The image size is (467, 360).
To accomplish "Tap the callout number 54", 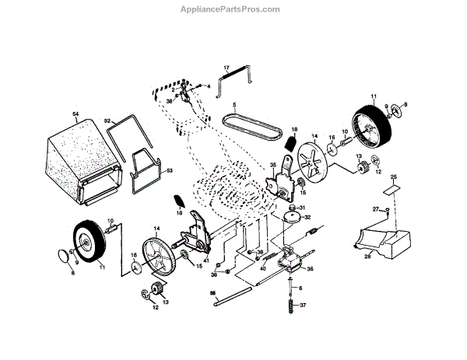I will click(x=76, y=115).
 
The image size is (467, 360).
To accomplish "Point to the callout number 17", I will click(x=226, y=68).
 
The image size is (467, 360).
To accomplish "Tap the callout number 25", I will click(x=394, y=177).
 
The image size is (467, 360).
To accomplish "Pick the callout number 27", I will click(x=374, y=209).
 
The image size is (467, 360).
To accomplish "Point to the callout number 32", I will click(x=307, y=218).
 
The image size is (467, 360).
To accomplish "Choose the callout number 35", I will click(x=273, y=166).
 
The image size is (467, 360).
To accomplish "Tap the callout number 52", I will click(x=109, y=121).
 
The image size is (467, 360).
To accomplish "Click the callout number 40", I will click(x=263, y=269).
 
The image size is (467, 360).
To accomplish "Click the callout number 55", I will click(x=212, y=292).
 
